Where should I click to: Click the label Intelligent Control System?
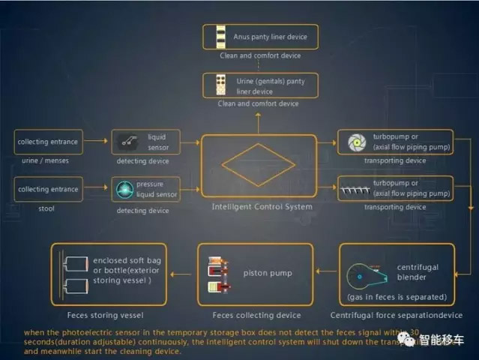pyautogui.click(x=257, y=206)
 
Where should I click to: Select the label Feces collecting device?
pyautogui.click(x=256, y=315)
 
